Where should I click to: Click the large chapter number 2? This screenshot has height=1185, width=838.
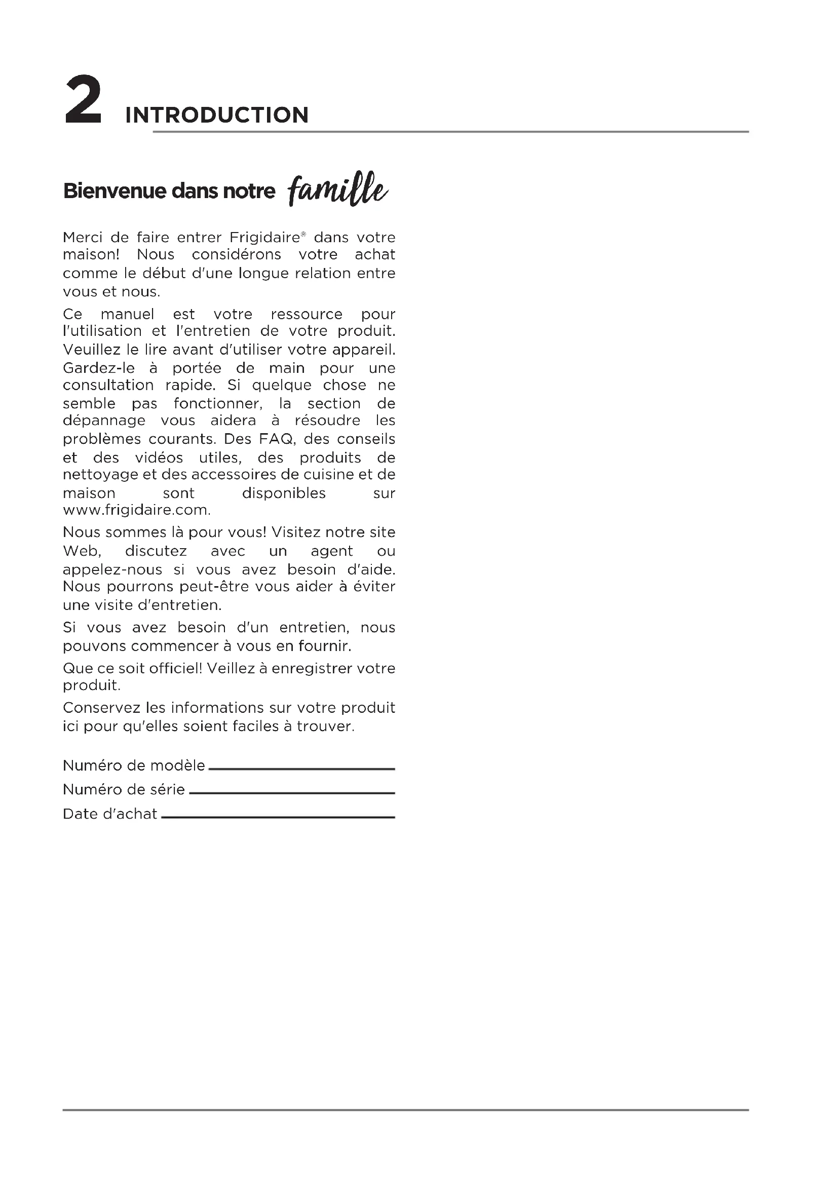[83, 100]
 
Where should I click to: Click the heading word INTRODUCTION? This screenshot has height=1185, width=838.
[217, 115]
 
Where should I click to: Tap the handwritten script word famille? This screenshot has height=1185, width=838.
[338, 189]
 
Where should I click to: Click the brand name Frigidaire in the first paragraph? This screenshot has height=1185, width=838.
[264, 238]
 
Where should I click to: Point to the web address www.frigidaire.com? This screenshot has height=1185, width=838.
[137, 510]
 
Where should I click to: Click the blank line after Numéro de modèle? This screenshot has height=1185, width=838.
[302, 769]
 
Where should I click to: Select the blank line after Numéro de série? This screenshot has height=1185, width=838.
[292, 793]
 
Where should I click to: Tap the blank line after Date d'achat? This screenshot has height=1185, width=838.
[278, 817]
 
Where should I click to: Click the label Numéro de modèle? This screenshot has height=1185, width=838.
[134, 766]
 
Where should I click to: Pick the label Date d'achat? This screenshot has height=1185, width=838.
[110, 814]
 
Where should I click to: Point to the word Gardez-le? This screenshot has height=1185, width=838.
[99, 368]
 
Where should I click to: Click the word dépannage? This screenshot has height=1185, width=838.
[104, 421]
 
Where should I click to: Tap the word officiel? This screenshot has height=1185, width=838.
[175, 668]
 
